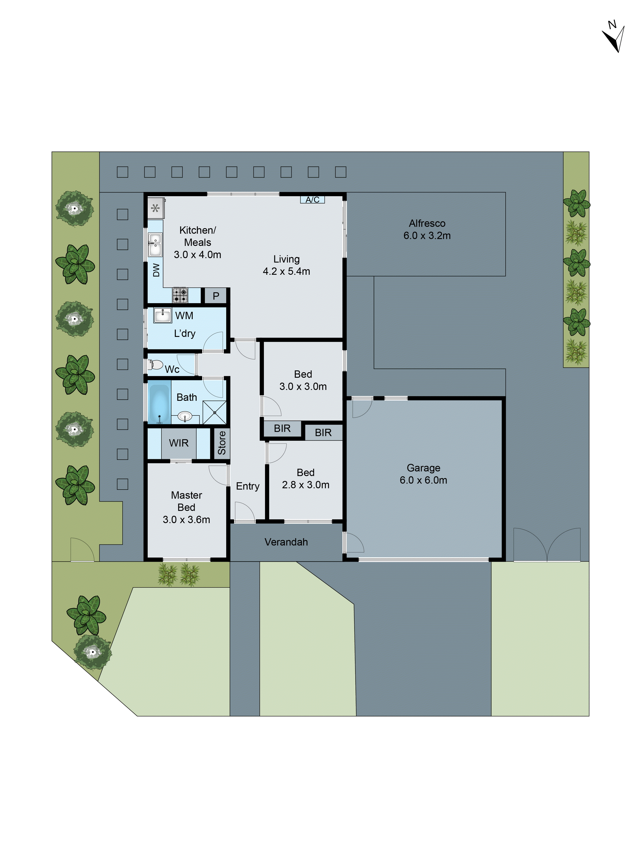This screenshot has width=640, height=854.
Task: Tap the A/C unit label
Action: pos(313,200)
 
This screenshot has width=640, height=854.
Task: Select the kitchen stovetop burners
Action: pos(180,295)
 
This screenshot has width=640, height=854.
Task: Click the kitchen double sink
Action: pos(155,245)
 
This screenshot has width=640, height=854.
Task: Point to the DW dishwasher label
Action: pos(156,270)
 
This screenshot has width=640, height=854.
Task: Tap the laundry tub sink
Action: pos(162,315)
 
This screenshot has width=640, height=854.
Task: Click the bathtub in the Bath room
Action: pos(159,404)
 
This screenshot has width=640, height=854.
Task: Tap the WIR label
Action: pos(179,443)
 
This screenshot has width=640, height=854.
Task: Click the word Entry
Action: pos(248,486)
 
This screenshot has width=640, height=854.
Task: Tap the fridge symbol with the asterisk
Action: pos(155,208)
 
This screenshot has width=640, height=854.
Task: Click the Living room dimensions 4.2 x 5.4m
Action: pos(286,271)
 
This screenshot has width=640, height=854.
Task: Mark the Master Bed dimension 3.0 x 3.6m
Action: pos(186,520)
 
